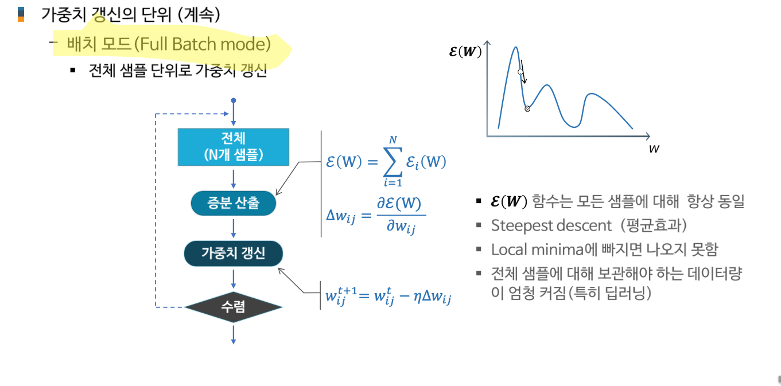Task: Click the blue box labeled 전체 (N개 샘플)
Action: pos(233,147)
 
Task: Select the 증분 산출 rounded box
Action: pos(233,204)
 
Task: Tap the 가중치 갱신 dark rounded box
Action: pos(233,254)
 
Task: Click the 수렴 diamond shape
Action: pos(233,307)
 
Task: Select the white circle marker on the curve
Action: pos(520,72)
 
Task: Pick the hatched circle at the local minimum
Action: pos(527,108)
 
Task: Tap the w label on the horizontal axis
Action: pos(654,149)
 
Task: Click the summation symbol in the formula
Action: pos(393,162)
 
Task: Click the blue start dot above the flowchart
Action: pos(233,101)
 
